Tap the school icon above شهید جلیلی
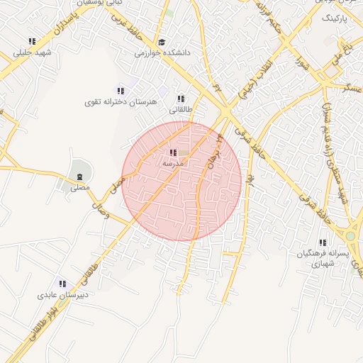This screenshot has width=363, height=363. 31,42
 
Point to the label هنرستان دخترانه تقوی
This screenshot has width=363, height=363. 121,102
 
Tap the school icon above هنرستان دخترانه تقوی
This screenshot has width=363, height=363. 121,91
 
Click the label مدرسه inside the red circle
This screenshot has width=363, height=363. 173,163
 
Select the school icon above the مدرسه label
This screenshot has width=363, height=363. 173,152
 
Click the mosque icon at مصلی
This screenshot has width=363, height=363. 79,176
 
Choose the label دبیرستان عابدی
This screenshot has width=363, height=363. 62,295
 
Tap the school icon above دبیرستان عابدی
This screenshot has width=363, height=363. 62,284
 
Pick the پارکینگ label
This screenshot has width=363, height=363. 335,20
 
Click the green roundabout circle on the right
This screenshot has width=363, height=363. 350,235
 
